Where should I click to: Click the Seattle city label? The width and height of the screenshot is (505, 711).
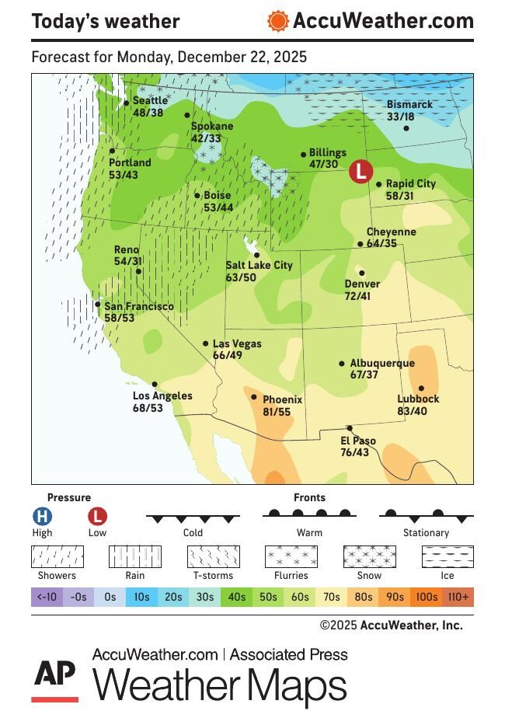point(150,100)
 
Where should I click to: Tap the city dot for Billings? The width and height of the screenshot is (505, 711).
point(304,155)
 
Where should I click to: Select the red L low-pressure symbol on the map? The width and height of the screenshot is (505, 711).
point(360,172)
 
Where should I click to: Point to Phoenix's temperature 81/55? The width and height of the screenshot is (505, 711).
point(277,412)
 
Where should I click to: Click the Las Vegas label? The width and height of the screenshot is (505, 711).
point(237,343)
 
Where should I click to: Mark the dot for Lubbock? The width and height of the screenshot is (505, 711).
point(422,389)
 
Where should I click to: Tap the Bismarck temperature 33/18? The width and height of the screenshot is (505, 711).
point(400,117)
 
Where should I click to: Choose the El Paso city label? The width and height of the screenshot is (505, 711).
point(358,441)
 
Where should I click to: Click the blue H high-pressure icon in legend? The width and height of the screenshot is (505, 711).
point(42,516)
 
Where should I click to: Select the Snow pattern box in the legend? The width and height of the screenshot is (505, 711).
point(369,556)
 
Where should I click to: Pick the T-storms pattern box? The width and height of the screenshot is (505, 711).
point(213,556)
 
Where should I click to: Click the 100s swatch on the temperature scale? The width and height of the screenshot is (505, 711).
point(426,597)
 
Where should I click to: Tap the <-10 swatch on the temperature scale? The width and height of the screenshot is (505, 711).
point(47,597)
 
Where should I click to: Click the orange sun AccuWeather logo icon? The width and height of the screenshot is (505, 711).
point(277,21)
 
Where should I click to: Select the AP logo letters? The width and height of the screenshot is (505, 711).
point(54,673)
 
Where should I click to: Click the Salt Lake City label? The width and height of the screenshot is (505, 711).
point(259,265)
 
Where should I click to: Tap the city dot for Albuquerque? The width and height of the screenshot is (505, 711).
point(342,363)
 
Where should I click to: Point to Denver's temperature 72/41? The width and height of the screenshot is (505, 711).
point(357,296)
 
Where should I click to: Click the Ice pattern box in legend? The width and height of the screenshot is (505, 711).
point(448,556)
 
